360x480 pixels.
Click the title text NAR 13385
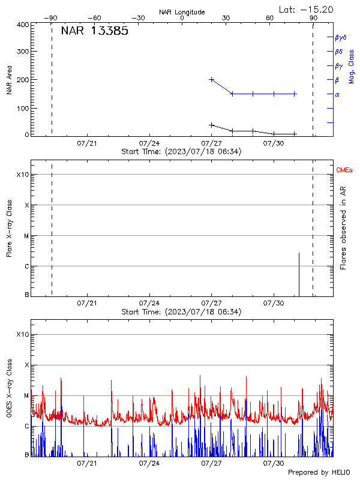click(x=94, y=32)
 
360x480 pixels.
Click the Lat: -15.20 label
click(x=307, y=9)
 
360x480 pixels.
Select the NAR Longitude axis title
click(x=182, y=11)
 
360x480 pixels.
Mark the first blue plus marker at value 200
click(x=211, y=79)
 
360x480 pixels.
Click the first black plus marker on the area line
click(x=211, y=125)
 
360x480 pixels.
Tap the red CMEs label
click(x=345, y=170)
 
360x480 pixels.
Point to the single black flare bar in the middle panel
click(x=299, y=274)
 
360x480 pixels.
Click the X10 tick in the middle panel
click(x=23, y=175)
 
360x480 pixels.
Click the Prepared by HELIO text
click(x=319, y=473)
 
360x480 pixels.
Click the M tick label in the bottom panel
click(x=26, y=396)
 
